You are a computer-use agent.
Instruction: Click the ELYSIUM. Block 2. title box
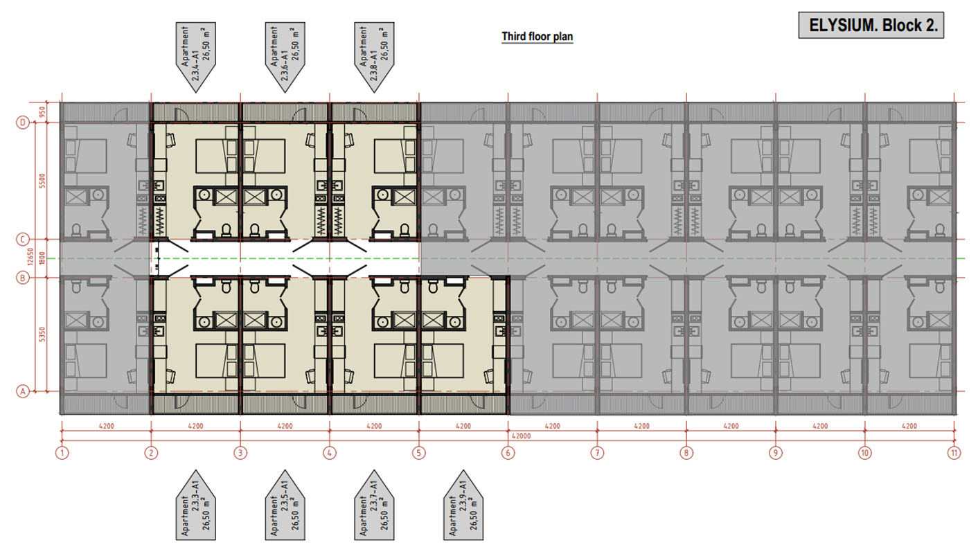pyautogui.click(x=871, y=26)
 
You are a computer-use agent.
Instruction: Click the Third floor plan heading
pyautogui.click(x=537, y=37)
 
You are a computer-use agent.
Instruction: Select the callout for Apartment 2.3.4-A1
pyautogui.click(x=195, y=57)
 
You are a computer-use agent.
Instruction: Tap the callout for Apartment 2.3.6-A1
pyautogui.click(x=285, y=57)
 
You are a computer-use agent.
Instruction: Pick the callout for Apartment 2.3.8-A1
pyautogui.click(x=374, y=57)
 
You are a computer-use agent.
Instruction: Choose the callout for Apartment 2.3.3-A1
pyautogui.click(x=195, y=505)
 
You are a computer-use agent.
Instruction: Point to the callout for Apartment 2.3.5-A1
pyautogui.click(x=285, y=505)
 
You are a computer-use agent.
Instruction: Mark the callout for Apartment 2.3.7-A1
pyautogui.click(x=374, y=505)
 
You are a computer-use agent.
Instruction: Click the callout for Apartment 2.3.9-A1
pyautogui.click(x=463, y=505)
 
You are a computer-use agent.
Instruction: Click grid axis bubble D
pyautogui.click(x=23, y=123)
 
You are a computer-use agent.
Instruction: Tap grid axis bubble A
pyautogui.click(x=23, y=391)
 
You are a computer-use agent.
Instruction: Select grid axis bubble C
pyautogui.click(x=23, y=239)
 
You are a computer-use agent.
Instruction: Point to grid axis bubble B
pyautogui.click(x=23, y=278)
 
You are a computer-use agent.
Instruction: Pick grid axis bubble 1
pyautogui.click(x=62, y=453)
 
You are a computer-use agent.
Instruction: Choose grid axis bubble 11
pyautogui.click(x=954, y=453)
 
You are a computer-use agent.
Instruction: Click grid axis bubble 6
pyautogui.click(x=508, y=453)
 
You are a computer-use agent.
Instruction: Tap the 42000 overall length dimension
pyautogui.click(x=521, y=436)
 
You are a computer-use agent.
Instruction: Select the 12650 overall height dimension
pyautogui.click(x=30, y=257)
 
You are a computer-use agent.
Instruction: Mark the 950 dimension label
pyautogui.click(x=42, y=113)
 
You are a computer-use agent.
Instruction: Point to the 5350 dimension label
pyautogui.click(x=42, y=335)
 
